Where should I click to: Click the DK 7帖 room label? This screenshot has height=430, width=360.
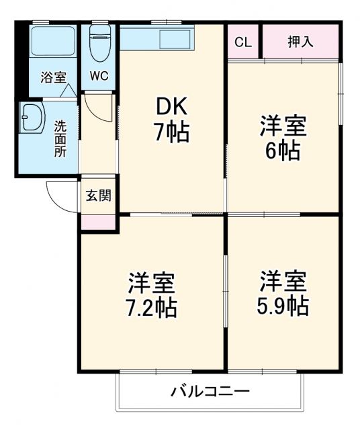(x=172, y=119)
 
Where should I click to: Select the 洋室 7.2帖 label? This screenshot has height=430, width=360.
(x=152, y=295)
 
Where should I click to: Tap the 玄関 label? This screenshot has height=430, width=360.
(x=98, y=196)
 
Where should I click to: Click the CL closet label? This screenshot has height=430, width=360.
(x=243, y=42)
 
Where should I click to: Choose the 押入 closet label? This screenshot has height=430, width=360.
(x=300, y=42)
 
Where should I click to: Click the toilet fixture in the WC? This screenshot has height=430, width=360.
(x=99, y=44)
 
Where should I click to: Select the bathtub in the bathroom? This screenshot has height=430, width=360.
(x=52, y=42)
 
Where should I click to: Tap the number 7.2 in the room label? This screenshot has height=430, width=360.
(x=144, y=307)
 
